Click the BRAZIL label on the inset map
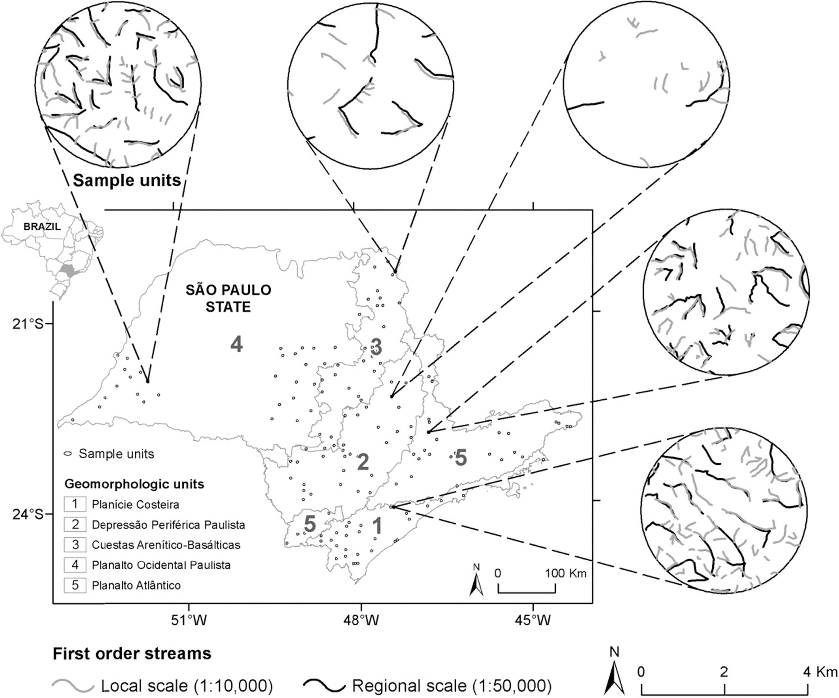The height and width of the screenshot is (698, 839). tap(42, 226)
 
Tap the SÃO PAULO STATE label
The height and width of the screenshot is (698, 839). tap(228, 298)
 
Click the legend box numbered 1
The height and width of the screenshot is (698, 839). tap(75, 504)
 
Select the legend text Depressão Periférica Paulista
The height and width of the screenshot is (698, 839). tap(168, 525)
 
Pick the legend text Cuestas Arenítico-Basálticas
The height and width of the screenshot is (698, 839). tap(166, 545)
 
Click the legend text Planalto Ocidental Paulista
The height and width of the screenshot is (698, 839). tap(161, 565)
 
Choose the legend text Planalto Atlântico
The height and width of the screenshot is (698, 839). tap(136, 585)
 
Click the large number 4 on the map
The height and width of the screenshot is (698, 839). tap(237, 344)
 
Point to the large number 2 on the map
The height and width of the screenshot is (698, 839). tap(362, 462)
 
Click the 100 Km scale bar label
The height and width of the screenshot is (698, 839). tap(566, 573)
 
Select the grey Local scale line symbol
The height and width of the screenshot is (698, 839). tap(73, 686)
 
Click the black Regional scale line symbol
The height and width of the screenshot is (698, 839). tap(324, 686)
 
